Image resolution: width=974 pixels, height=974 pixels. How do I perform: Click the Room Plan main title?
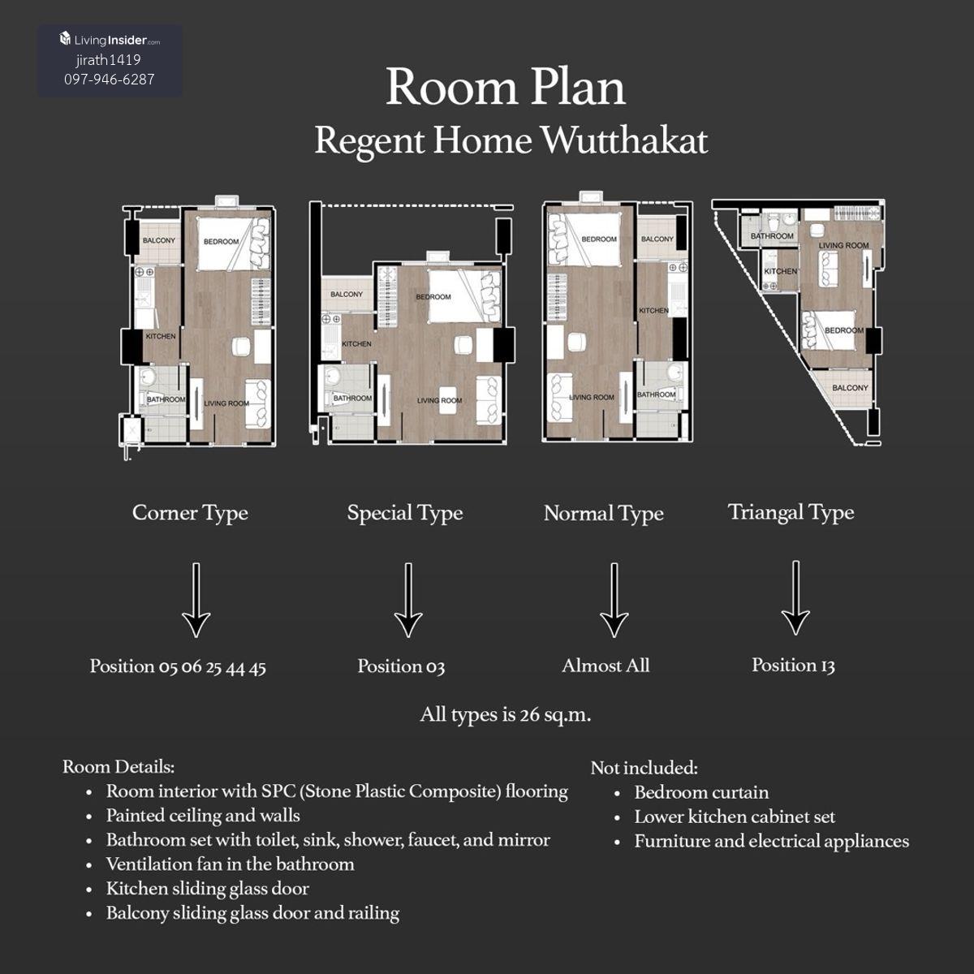click(506, 88)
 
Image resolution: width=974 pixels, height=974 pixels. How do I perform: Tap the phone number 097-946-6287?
click(110, 80)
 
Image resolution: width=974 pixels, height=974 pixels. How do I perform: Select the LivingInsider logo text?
click(110, 40)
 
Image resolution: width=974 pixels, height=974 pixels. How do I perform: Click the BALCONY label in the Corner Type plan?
click(159, 240)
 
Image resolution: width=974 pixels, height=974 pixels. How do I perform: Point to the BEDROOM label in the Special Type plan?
click(433, 297)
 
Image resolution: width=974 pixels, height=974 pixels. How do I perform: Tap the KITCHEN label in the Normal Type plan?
click(653, 310)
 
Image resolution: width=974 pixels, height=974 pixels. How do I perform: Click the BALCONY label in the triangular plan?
click(850, 388)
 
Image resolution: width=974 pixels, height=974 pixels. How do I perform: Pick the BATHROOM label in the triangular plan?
click(772, 236)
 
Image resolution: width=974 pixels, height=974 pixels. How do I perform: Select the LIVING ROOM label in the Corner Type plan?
click(226, 403)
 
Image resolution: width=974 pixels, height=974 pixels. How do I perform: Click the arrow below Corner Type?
click(196, 600)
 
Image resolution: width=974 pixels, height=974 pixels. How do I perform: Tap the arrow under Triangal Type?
click(795, 598)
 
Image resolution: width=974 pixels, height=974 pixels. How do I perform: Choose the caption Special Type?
click(405, 514)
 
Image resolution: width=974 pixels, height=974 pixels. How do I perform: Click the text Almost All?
click(606, 666)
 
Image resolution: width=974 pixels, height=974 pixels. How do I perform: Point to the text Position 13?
click(793, 666)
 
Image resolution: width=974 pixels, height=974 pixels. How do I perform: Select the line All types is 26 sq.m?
click(506, 715)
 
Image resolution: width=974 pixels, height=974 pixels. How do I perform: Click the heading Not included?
click(644, 768)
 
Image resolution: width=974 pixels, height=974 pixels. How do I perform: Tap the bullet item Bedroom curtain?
click(701, 792)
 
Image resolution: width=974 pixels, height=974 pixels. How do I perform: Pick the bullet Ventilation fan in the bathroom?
click(230, 864)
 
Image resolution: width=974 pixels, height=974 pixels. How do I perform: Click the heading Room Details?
click(119, 767)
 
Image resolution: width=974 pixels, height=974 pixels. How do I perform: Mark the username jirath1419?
click(109, 60)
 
